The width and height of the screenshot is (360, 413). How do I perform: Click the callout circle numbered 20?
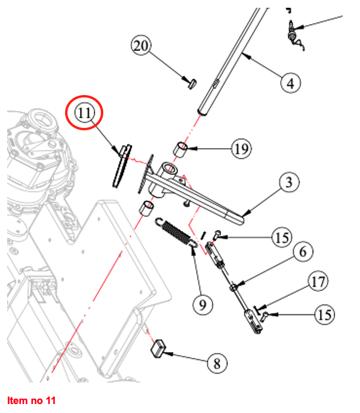143,47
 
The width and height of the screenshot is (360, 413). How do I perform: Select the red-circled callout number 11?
85,112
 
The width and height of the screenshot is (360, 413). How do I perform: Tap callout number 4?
290,82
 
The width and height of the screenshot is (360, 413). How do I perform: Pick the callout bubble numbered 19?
242,149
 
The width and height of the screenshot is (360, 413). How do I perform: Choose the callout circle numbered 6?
303,252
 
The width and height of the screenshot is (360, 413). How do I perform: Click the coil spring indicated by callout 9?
178,232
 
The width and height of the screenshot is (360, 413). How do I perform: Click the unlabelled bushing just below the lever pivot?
146,210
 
